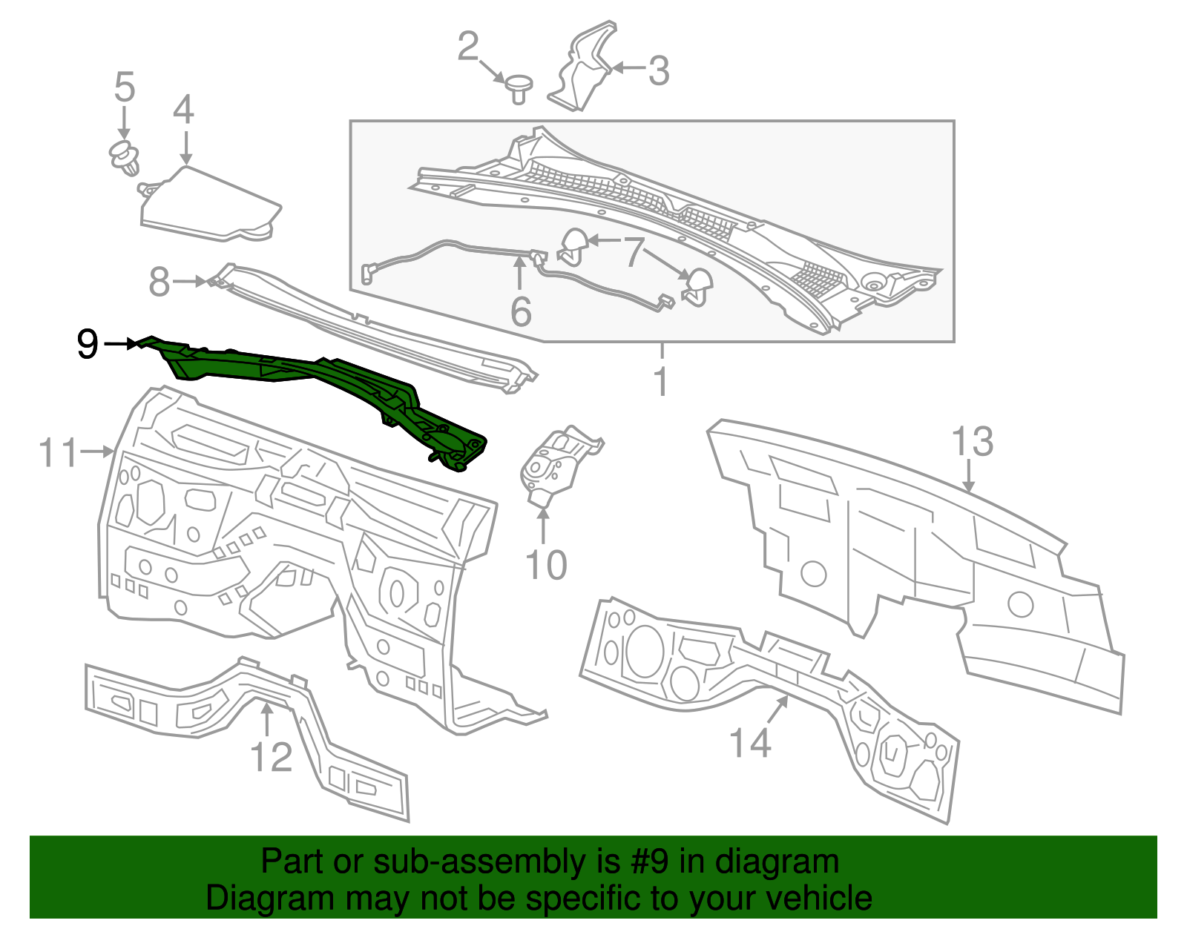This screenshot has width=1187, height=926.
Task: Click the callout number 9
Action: point(88,345)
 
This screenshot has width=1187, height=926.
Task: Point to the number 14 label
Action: point(750,742)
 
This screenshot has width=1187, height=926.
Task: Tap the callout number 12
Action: point(272,757)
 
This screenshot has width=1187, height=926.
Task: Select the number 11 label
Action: point(58,452)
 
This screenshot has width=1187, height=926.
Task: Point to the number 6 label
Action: point(521,311)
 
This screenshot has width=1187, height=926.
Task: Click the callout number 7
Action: point(632,252)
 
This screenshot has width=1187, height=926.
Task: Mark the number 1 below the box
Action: point(660,383)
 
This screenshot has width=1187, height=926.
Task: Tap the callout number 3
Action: point(658,71)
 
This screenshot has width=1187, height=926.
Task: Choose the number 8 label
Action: point(160,282)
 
